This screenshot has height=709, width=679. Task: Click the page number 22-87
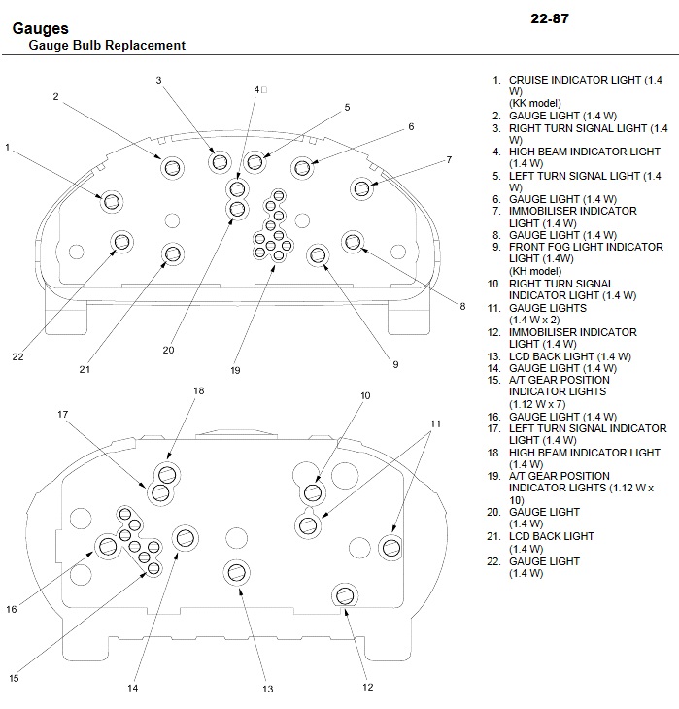[550, 18]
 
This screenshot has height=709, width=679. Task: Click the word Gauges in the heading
[40, 28]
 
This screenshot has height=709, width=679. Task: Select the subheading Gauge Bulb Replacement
[107, 46]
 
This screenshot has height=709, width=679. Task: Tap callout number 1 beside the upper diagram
[7, 147]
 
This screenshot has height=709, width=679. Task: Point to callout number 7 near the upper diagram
[449, 159]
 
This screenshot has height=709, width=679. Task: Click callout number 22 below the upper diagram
[17, 356]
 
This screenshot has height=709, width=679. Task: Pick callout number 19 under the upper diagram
[235, 370]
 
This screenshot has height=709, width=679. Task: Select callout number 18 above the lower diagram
[198, 390]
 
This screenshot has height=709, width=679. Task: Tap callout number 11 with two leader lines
[435, 423]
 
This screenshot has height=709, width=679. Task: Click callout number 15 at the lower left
[14, 678]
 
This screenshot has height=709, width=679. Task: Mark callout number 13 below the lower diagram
[268, 690]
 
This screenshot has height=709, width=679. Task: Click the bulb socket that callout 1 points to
[112, 202]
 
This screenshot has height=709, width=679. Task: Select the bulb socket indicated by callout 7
[362, 188]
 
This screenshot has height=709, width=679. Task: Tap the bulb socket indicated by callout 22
[121, 242]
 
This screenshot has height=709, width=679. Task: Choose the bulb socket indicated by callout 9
[318, 255]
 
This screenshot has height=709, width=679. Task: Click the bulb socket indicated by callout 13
[237, 572]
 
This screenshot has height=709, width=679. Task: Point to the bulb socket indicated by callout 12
[345, 595]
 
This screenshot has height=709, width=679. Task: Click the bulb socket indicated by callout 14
[186, 538]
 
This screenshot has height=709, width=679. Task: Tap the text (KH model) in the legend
[535, 271]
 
